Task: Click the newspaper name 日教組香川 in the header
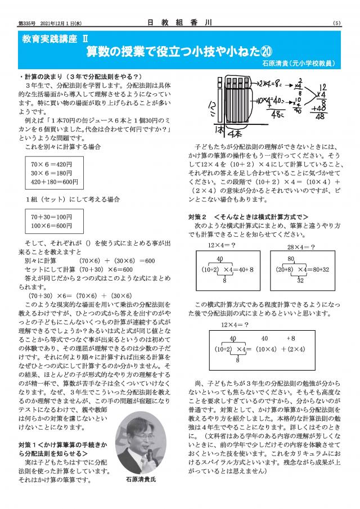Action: (x=179, y=23)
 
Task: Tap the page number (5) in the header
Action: (x=336, y=23)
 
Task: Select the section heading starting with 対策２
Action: (x=248, y=217)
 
